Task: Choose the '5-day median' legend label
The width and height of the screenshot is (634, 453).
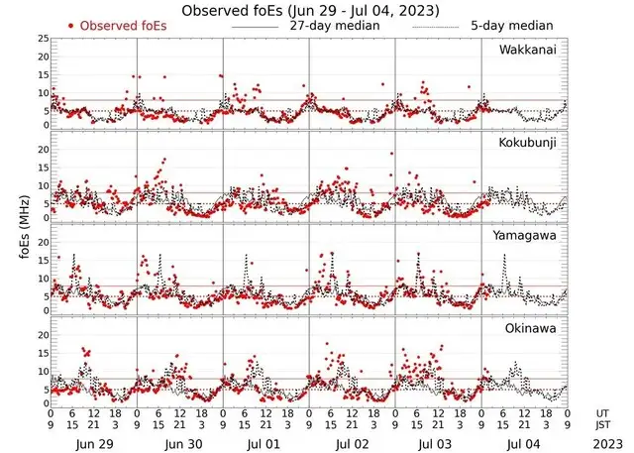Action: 500,26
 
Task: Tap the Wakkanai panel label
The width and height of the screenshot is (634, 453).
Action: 528,50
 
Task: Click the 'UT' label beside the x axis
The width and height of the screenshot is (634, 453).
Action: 603,413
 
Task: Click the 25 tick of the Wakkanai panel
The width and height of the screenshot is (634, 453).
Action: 42,39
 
